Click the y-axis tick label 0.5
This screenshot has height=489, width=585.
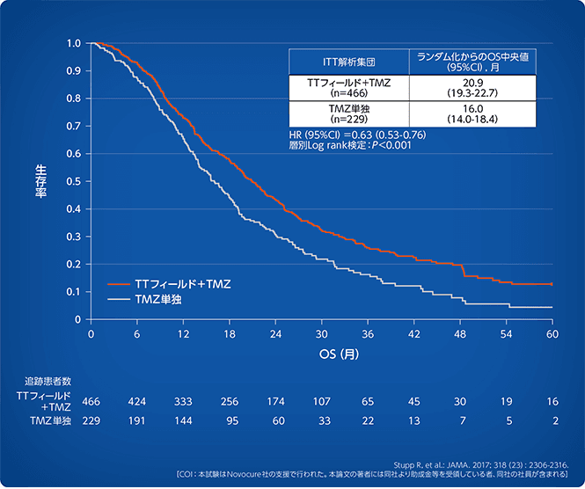click(x=75, y=181)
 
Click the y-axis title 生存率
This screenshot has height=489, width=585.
click(x=41, y=179)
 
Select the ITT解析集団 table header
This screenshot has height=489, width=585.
click(x=350, y=63)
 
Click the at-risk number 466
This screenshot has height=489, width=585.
click(x=91, y=402)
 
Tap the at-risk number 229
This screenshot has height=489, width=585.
click(x=91, y=421)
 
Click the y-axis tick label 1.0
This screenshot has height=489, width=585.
click(x=75, y=43)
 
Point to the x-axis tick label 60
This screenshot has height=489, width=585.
click(x=552, y=335)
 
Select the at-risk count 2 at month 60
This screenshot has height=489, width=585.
click(x=552, y=421)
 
